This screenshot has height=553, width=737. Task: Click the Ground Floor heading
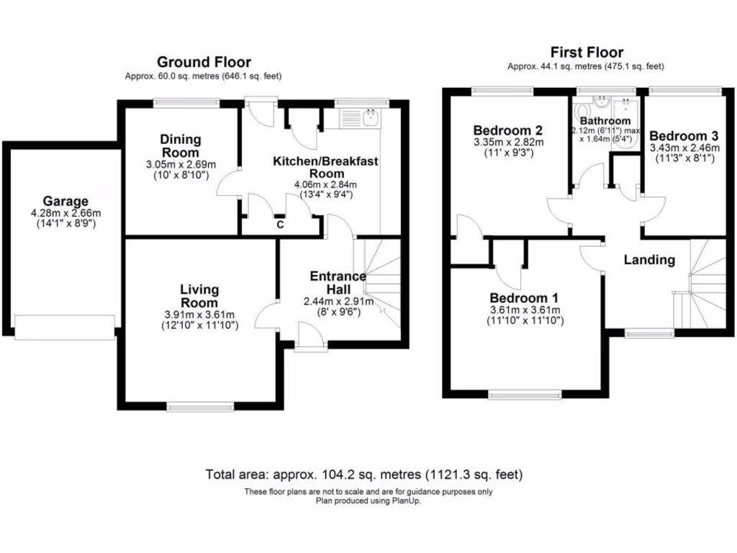point(204,62)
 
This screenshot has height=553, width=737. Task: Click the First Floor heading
point(587,52)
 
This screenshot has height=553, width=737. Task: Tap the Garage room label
point(65,201)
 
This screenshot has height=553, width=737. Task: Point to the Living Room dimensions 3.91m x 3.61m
point(199,315)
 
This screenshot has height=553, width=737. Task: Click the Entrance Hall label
point(338,282)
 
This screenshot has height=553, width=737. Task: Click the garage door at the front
point(65,327)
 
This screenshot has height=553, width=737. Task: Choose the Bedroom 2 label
point(507,130)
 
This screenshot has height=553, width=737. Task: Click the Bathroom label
point(605,121)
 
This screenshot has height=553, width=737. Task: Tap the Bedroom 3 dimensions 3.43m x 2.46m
point(684,148)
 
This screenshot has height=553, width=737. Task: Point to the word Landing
point(649,260)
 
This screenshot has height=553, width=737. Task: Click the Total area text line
point(363,475)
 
